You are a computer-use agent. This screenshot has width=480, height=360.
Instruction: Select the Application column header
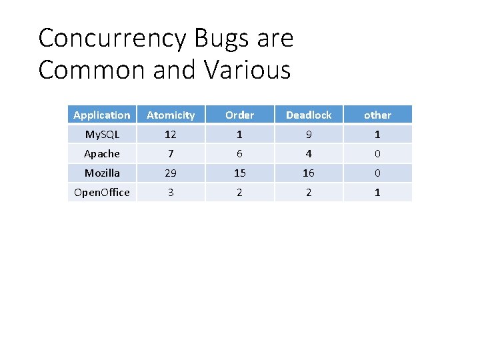coord(102,115)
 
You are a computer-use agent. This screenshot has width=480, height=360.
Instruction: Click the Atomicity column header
coord(171,115)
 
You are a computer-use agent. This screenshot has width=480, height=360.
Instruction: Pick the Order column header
coord(239,115)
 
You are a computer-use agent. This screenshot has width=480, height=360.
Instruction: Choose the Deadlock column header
coord(309,115)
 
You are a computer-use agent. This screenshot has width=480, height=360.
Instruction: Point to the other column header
coord(377,115)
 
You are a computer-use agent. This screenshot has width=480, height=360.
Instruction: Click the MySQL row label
coord(102,134)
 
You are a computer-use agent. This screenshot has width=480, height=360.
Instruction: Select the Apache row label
coord(102,153)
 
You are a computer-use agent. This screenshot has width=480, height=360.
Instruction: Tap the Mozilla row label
coord(102,173)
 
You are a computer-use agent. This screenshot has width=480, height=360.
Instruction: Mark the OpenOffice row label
coord(102,192)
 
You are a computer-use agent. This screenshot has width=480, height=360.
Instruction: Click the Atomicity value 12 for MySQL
coord(171,134)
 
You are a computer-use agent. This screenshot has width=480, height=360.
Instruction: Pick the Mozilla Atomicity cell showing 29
coord(171,173)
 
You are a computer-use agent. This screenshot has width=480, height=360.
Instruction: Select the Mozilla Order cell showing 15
coord(239,173)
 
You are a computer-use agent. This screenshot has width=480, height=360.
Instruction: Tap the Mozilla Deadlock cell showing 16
coord(309,173)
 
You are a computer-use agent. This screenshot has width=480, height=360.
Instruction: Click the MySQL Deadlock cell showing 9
coord(309,134)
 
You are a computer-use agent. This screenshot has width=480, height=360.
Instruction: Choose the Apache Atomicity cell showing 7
coord(171,153)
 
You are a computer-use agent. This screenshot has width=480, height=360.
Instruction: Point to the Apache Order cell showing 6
coord(239,153)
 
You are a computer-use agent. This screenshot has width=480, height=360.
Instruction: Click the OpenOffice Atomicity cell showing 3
coord(171,192)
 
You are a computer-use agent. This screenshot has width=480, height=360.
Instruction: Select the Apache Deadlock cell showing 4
coord(309,153)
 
